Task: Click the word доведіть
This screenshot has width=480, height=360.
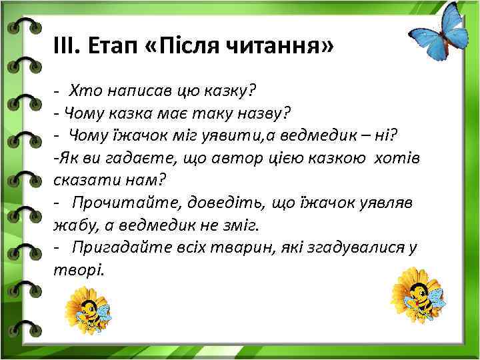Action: [x=216, y=203]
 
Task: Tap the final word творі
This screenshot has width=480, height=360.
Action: [x=79, y=271]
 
